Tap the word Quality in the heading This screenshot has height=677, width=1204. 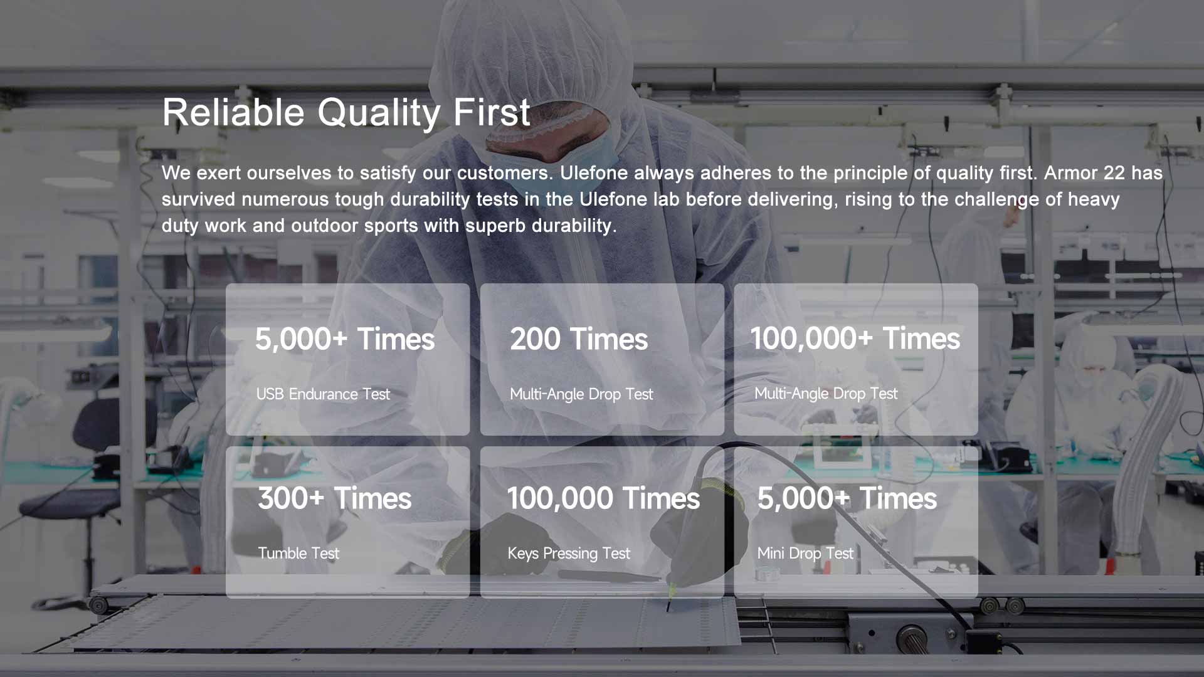379,113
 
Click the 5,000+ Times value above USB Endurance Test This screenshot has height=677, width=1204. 345,339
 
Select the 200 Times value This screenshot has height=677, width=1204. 579,339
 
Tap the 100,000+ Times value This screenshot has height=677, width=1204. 855,338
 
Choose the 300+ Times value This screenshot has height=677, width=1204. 335,498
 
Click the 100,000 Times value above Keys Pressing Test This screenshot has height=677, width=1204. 603,498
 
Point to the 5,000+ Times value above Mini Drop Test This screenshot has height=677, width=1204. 847,498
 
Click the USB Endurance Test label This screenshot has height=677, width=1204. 323,394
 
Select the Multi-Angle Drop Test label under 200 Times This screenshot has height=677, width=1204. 581,394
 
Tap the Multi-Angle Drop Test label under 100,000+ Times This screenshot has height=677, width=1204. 826,394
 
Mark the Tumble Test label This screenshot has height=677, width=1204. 298,554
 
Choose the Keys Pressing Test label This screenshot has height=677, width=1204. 569,554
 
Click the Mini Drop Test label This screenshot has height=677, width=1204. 805,554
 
